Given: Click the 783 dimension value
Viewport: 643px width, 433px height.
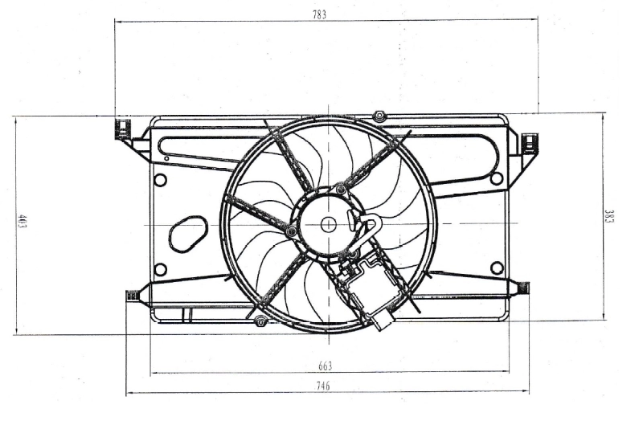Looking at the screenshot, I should tap(321, 14).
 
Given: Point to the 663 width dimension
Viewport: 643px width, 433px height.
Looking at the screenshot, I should tap(325, 366).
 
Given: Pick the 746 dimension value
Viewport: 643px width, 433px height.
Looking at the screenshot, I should tap(321, 386).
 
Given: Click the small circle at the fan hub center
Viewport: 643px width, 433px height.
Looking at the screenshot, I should tap(329, 225).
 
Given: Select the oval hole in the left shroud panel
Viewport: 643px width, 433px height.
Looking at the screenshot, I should tap(188, 232).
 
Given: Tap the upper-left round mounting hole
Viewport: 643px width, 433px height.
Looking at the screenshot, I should tap(160, 180).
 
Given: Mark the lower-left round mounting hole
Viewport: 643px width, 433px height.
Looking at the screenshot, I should tap(160, 269).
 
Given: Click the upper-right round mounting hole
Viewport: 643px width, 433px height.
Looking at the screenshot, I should tap(497, 178).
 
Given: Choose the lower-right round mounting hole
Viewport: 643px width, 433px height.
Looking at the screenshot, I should tap(497, 268).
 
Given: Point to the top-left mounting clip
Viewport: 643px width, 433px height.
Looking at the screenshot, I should tap(122, 129).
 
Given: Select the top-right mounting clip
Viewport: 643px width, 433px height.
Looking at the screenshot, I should tap(530, 143).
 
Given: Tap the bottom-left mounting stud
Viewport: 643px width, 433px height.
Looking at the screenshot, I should tap(133, 296).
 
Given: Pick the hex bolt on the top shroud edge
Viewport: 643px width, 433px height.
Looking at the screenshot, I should tap(379, 116).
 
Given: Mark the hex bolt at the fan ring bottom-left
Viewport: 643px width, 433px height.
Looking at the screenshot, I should tap(259, 322).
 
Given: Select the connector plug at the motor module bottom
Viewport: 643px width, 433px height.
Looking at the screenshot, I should tap(382, 320).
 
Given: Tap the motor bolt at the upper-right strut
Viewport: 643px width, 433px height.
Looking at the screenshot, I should tap(342, 190).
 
